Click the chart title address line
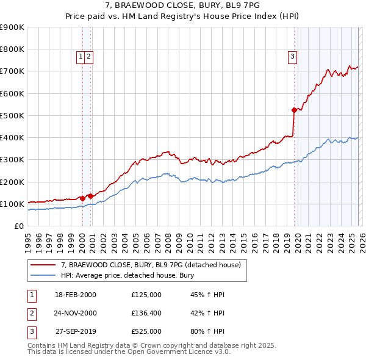point(182,6)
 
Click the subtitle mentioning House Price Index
point(182,17)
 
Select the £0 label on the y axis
point(18,226)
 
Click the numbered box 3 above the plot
point(293,57)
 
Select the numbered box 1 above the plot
point(81,57)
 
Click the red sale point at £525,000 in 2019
point(294,110)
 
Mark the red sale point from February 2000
point(82,198)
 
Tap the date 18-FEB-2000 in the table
point(76,295)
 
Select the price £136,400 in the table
point(146,313)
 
